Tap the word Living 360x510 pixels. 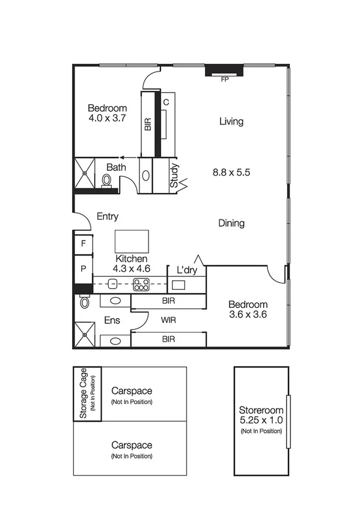231,121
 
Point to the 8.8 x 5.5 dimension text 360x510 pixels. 231,172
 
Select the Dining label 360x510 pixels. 231,223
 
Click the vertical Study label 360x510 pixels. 174,176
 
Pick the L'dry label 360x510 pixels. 187,270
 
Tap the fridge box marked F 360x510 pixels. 82,244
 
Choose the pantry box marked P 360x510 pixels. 82,268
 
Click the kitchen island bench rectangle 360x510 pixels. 132,241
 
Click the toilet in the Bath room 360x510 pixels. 107,179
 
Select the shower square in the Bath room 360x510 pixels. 85,173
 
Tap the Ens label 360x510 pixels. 112,321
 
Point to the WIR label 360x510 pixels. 168,320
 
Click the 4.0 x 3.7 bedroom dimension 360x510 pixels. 107,118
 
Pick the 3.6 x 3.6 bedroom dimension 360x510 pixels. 248,314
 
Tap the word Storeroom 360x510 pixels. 261,411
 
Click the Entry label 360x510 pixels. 107,217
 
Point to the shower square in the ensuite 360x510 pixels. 85,335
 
